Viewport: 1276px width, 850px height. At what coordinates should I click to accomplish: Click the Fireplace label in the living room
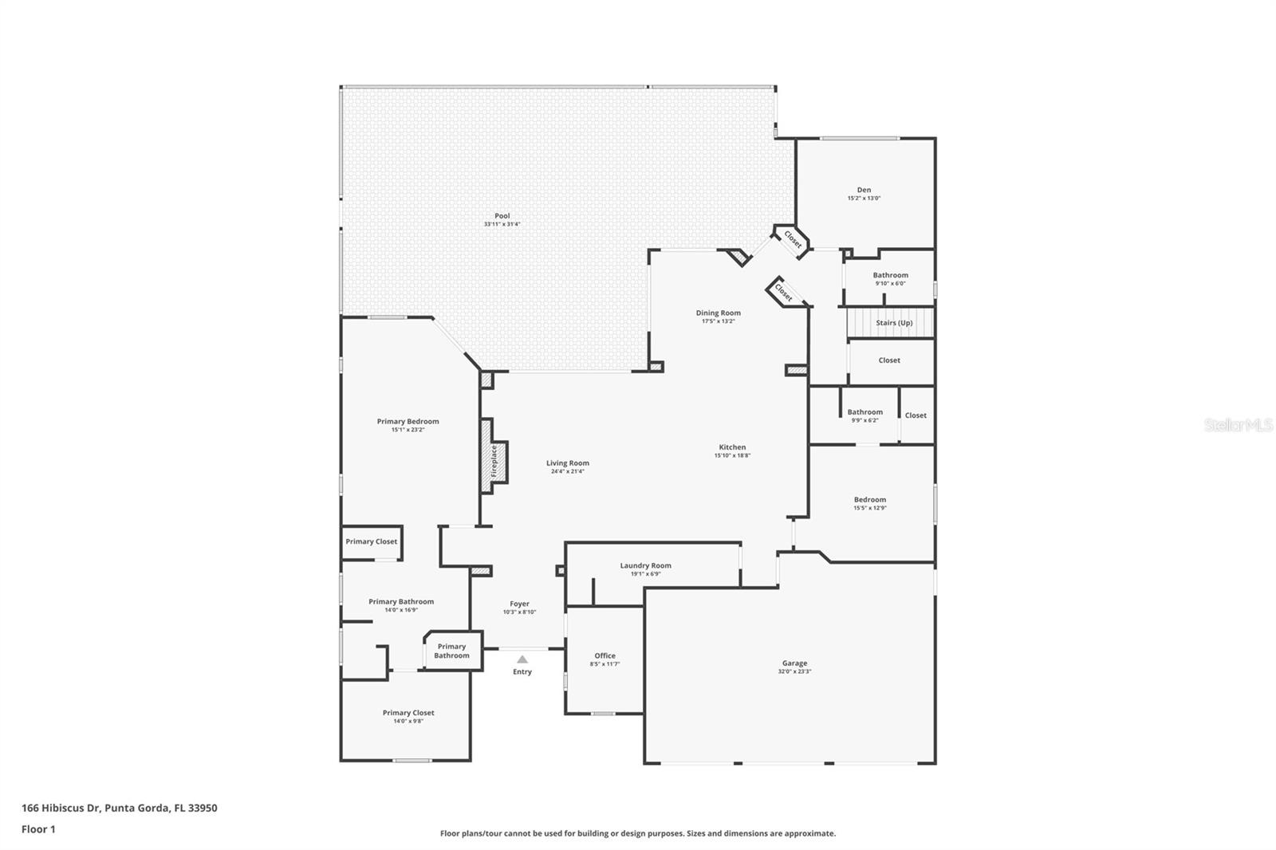[x=494, y=462]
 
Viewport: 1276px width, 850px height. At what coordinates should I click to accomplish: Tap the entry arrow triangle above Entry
[x=522, y=659]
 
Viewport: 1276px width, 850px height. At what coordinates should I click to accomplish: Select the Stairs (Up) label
[x=894, y=323]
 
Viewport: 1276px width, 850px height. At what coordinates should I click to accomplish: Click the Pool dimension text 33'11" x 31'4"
[x=502, y=225]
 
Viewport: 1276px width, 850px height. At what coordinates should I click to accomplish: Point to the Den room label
[x=864, y=190]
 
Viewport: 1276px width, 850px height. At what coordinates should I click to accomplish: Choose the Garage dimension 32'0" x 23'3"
[x=794, y=671]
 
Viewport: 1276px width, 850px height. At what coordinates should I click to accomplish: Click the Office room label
[x=605, y=655]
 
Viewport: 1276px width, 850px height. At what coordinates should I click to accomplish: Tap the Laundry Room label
[x=645, y=565]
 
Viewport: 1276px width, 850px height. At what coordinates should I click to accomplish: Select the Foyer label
[x=519, y=604]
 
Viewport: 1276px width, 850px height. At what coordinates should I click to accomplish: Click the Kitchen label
[x=732, y=447]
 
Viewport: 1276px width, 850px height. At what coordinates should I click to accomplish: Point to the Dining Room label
[x=718, y=313]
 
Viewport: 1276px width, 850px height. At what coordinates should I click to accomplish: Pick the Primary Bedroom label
[x=408, y=421]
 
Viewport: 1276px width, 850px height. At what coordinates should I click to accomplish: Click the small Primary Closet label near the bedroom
[x=371, y=541]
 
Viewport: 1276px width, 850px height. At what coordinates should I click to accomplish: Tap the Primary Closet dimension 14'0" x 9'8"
[x=408, y=721]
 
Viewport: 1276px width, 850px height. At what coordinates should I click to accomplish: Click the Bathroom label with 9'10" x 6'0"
[x=890, y=275]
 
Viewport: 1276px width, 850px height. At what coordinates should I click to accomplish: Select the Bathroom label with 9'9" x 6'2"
[x=864, y=412]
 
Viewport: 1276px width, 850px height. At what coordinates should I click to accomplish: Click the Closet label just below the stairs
[x=889, y=360]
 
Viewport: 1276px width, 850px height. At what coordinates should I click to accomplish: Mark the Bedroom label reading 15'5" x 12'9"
[x=869, y=499]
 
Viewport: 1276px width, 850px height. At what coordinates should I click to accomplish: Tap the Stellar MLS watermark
[x=1238, y=426]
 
